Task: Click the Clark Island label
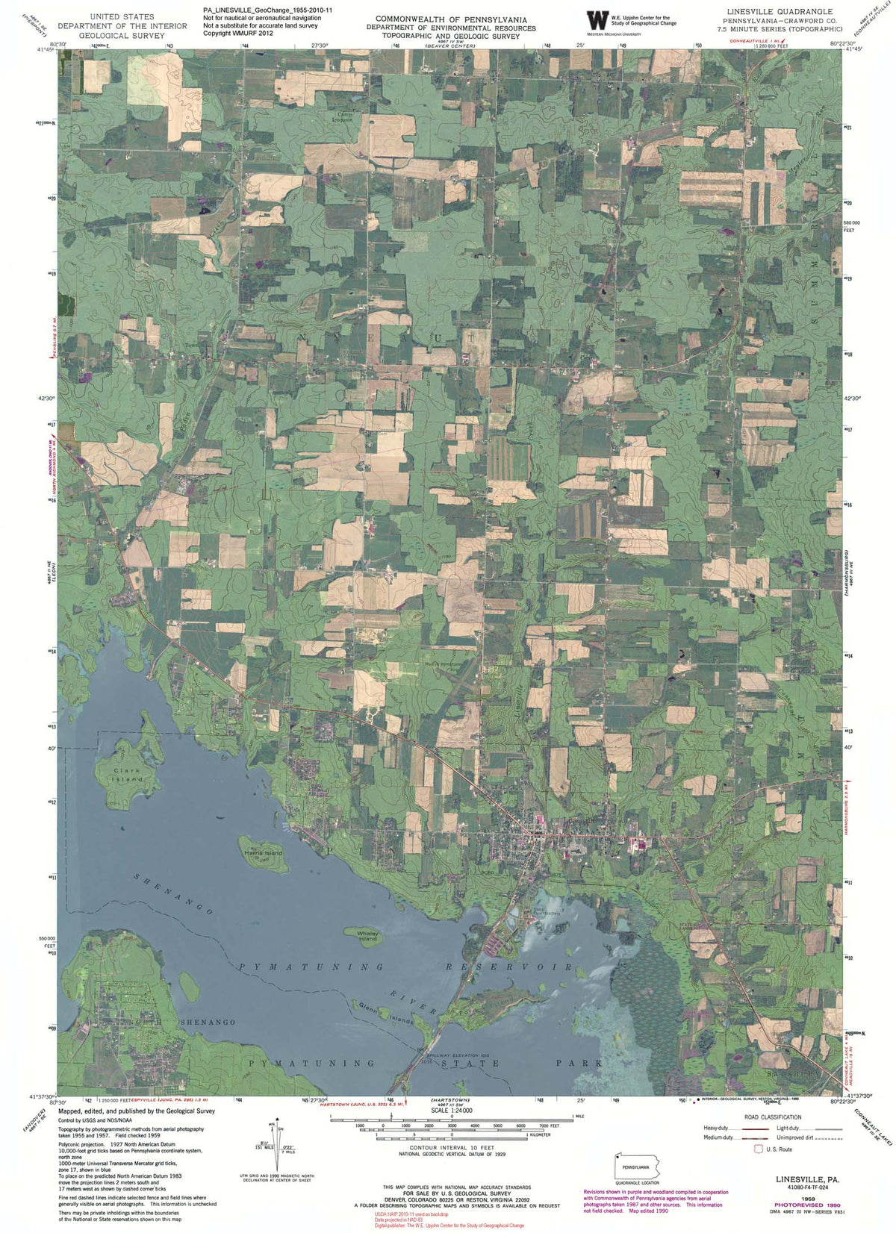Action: (128, 775)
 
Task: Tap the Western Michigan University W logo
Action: (597, 20)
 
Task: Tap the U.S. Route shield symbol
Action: (759, 1149)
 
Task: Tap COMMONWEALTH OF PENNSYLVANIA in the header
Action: (451, 19)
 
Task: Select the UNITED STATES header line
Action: (122, 16)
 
